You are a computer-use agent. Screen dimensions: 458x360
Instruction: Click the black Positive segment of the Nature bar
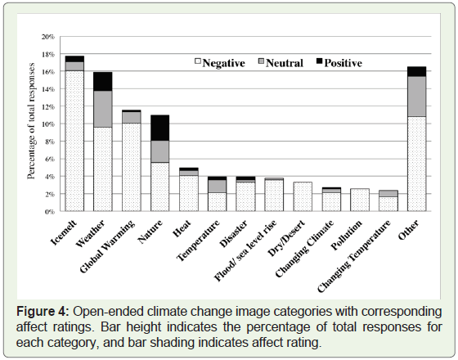coord(159,128)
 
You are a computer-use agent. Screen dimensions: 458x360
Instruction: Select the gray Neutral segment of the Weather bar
coord(103,109)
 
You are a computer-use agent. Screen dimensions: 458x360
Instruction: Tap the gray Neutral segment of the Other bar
coord(417,97)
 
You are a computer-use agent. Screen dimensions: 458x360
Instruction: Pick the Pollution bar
coord(360,200)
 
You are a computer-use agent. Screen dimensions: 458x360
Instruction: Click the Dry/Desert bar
coord(303,196)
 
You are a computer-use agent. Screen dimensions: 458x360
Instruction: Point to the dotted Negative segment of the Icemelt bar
coord(74,141)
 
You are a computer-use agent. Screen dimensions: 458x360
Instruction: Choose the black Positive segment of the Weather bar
coord(103,82)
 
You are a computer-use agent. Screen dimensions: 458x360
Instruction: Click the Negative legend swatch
coord(198,61)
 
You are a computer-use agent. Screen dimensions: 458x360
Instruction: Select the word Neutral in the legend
coord(285,63)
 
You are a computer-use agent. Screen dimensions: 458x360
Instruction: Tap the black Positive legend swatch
coord(320,61)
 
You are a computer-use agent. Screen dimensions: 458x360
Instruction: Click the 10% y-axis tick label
coord(48,124)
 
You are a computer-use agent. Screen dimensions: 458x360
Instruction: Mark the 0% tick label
coord(50,212)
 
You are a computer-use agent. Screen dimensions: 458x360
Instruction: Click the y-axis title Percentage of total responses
coord(31,121)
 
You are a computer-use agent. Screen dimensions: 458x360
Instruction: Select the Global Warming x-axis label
coord(107,246)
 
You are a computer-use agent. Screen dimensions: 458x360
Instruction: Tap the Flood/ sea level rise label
coord(245,250)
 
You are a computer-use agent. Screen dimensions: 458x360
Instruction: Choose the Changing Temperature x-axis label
coord(354,256)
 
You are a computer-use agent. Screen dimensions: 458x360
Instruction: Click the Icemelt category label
coord(64,232)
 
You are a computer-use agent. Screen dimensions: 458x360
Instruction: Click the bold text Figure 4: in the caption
coord(43,312)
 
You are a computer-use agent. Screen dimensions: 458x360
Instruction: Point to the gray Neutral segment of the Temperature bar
coord(217,187)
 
